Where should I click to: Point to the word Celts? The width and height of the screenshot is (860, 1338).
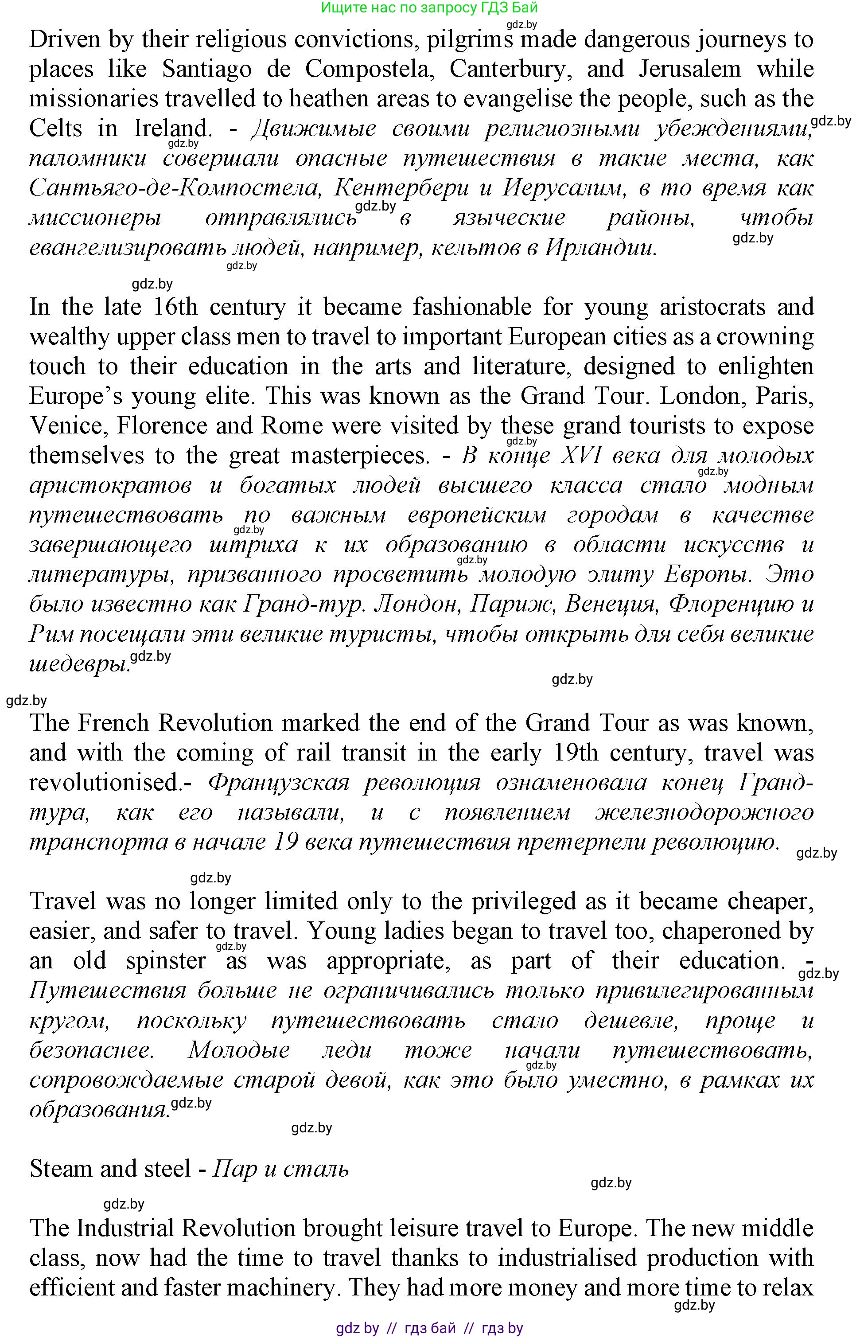pos(55,129)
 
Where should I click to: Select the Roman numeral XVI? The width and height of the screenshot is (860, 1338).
pos(580,456)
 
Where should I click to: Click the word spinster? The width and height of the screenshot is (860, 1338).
pos(166,960)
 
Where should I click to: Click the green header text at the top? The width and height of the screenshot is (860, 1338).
pos(429,7)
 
